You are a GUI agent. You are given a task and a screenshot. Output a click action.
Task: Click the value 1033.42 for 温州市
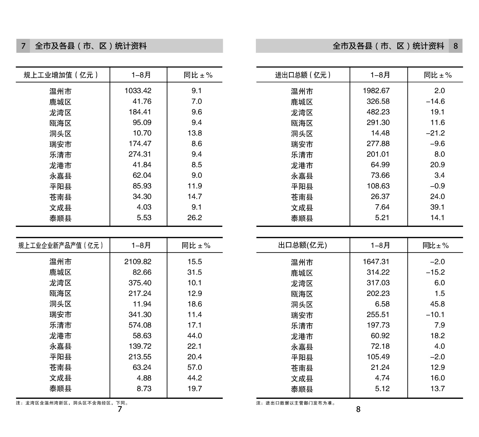tap(138, 91)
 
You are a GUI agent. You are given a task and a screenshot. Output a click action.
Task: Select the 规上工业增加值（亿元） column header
tap(61, 75)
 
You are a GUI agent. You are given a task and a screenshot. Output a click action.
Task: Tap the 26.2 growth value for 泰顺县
tap(195, 218)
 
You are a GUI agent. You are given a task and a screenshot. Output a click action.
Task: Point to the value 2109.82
tap(138, 262)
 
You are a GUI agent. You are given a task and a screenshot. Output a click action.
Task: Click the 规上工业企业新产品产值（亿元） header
tap(61, 246)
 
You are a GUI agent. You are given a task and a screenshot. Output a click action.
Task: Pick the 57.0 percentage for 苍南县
tap(195, 367)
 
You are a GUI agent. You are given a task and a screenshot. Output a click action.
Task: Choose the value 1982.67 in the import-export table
tap(376, 91)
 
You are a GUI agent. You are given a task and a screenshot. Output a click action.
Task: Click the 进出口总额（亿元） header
tap(303, 75)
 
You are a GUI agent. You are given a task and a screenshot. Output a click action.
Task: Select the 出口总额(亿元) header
tap(303, 245)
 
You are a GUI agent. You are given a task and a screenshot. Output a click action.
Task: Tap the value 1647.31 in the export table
tap(376, 262)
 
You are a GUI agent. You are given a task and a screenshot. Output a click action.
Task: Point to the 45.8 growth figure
tap(437, 304)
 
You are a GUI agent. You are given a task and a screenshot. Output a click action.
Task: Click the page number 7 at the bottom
tap(120, 409)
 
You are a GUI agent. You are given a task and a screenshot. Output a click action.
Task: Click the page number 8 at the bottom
tap(358, 409)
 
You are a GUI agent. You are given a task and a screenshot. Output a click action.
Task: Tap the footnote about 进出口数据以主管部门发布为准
tap(296, 403)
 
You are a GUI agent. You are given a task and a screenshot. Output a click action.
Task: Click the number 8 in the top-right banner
tap(455, 46)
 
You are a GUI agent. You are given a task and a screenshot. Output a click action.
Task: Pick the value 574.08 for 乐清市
tap(140, 325)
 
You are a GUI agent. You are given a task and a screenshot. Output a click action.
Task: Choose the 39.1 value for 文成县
tap(437, 207)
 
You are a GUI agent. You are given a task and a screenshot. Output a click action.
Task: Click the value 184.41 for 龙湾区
tap(140, 112)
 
